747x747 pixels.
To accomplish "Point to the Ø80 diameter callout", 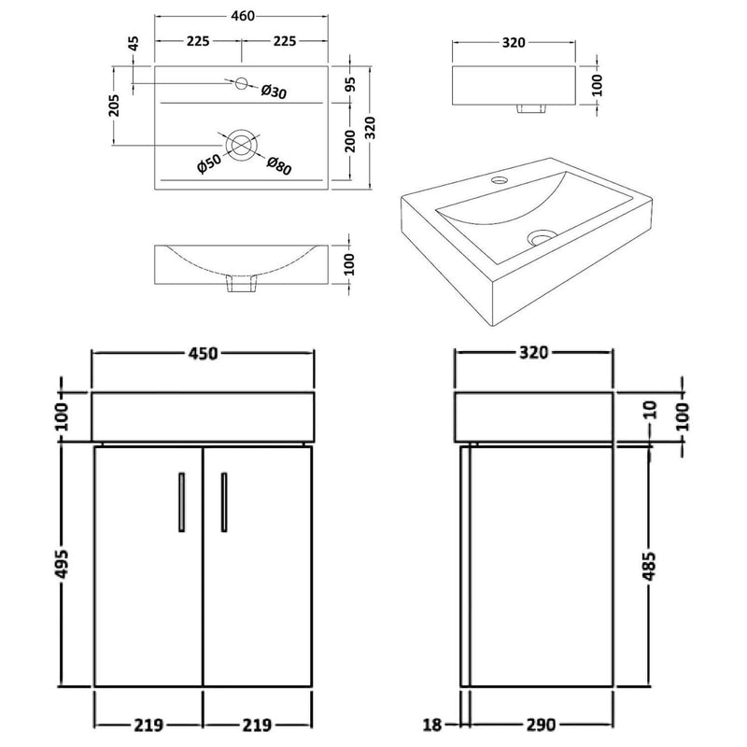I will [x=279, y=165].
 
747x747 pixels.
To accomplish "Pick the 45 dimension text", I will [x=133, y=43].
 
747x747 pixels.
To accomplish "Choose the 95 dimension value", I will [x=348, y=82].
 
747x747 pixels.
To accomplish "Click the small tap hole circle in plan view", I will [x=241, y=83].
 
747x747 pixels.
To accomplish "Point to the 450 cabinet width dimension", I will [x=203, y=353].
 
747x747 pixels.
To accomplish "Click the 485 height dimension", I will [x=649, y=565].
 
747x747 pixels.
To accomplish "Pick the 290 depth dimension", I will [x=540, y=724].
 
